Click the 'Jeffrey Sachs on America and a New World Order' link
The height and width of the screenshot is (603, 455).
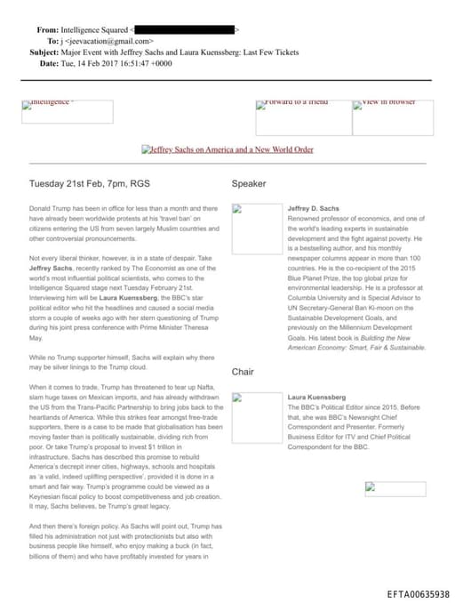pos(227,150)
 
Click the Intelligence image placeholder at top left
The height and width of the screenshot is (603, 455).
pos(68,111)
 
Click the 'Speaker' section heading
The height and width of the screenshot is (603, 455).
pos(249,184)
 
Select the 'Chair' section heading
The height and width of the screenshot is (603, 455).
pos(243,372)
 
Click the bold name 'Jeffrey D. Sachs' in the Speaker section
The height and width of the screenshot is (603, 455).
pos(314,209)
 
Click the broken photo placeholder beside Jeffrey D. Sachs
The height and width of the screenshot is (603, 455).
pos(256,229)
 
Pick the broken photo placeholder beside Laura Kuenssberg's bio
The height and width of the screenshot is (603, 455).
pos(256,417)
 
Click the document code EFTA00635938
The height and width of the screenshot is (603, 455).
pos(418,593)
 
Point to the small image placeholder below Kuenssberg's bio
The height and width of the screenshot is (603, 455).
pos(395,488)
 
